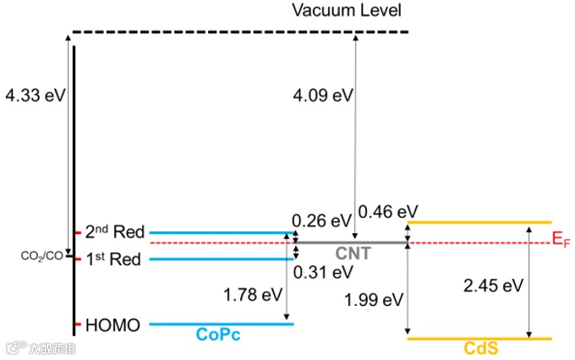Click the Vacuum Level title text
pyautogui.click(x=346, y=11)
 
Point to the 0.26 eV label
pyautogui.click(x=321, y=221)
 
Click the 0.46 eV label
pyautogui.click(x=388, y=210)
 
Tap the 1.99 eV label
pyautogui.click(x=374, y=299)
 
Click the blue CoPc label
pyautogui.click(x=219, y=335)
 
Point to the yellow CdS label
pyautogui.click(x=479, y=348)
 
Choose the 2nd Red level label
pyautogui.click(x=115, y=232)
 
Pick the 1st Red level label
pyautogui.click(x=113, y=259)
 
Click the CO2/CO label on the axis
pyautogui.click(x=41, y=254)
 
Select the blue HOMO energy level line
pyautogui.click(x=220, y=324)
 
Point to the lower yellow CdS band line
pyautogui.click(x=479, y=339)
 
